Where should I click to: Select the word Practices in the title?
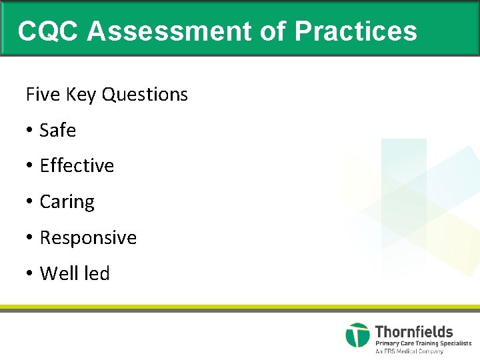(355, 31)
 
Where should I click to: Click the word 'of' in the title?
(271, 31)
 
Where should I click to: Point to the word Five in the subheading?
(43, 95)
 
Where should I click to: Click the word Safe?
(58, 131)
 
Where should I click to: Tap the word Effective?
(77, 166)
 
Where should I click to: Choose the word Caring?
(67, 202)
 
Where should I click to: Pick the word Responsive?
(88, 238)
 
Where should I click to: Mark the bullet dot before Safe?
(30, 131)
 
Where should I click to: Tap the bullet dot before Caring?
(30, 202)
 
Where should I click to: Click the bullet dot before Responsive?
(30, 238)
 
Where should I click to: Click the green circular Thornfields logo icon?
(357, 335)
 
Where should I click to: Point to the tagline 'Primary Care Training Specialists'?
(423, 343)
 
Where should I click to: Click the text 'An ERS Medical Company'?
(409, 351)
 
